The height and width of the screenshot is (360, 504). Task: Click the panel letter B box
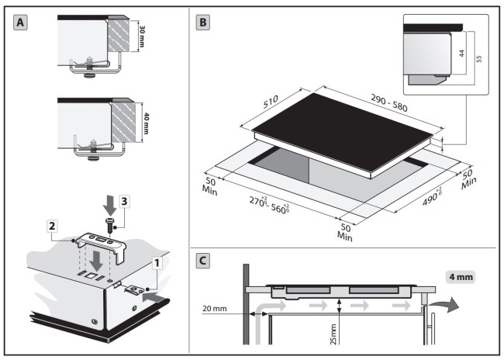[x=202, y=22]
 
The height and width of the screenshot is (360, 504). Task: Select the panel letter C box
[x=202, y=261]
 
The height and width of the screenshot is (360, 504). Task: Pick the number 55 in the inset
[x=476, y=59]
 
